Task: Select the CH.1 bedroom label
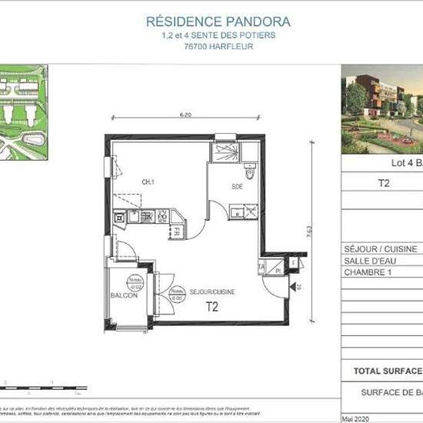(124, 182)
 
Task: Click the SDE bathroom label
(238, 186)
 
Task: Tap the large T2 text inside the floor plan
(211, 307)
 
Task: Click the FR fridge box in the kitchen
(175, 230)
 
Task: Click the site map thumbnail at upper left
(23, 112)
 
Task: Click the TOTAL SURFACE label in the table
(387, 371)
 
